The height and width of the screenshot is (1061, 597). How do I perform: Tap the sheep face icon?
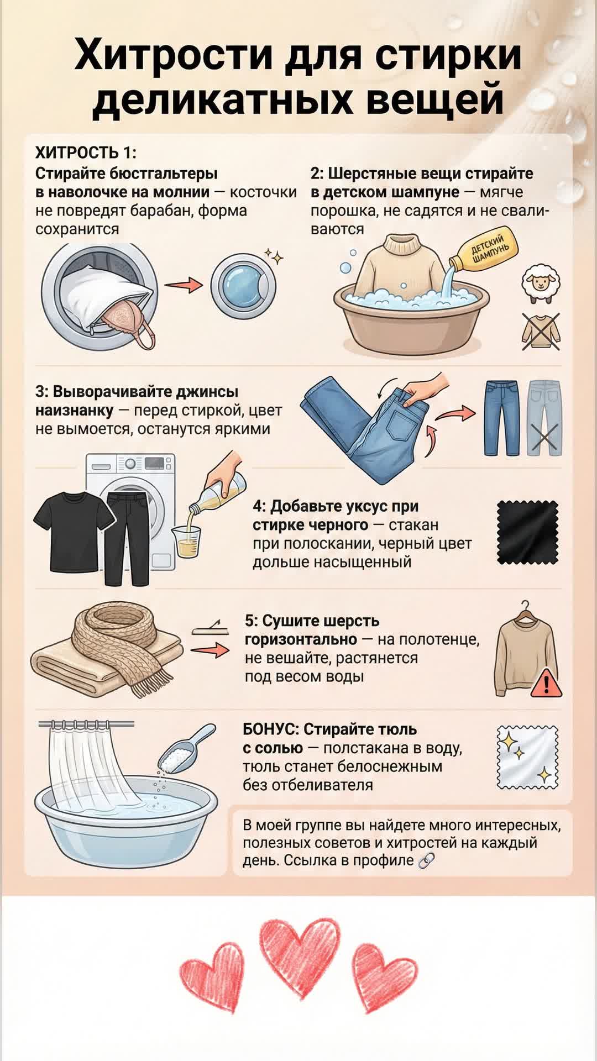[x=542, y=284]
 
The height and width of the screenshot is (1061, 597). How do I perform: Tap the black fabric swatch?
[x=527, y=532]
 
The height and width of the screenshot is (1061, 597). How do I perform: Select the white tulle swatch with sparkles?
[x=527, y=757]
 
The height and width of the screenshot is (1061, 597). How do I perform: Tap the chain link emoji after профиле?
[x=427, y=861]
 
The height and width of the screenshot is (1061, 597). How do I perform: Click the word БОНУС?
[x=270, y=729]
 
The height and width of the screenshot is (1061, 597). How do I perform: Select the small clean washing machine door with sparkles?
[x=243, y=285]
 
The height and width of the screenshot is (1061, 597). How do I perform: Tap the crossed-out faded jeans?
[x=543, y=417]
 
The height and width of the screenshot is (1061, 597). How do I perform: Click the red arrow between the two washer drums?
[x=184, y=285]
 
